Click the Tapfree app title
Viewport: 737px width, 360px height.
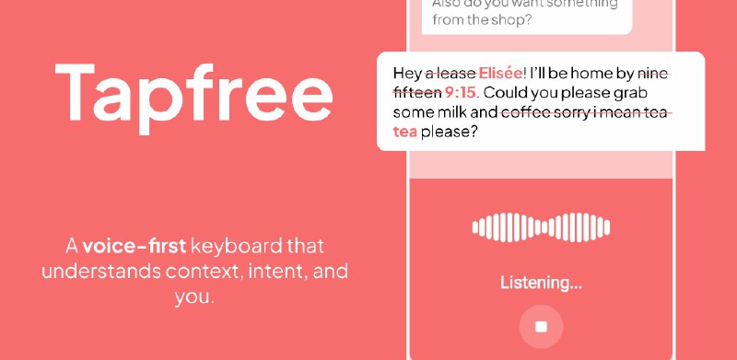[x=193, y=89]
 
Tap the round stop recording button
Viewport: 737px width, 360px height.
[x=541, y=327]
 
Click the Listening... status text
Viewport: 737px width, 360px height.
[x=541, y=283]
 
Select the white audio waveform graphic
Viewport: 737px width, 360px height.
[x=541, y=227]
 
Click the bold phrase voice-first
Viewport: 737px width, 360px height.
[x=135, y=246]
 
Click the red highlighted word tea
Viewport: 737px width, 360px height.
[x=405, y=133]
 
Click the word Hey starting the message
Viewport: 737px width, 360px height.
[x=407, y=72]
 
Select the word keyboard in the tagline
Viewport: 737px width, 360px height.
[x=233, y=246]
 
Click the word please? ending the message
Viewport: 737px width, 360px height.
[x=450, y=133]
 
